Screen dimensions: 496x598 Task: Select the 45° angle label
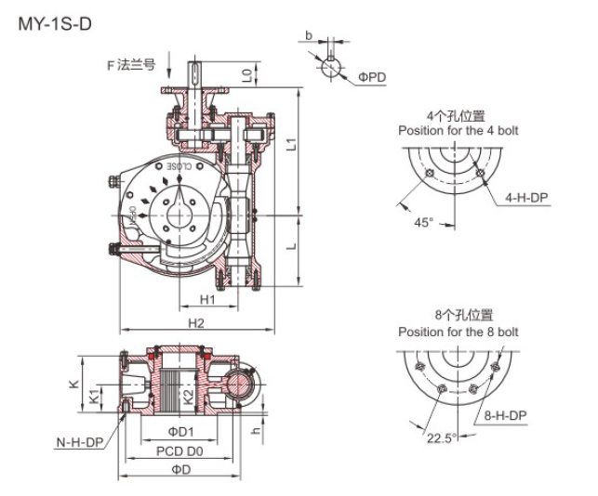tap(424, 223)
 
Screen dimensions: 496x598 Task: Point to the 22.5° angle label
tap(441, 437)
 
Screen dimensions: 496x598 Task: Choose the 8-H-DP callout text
tap(505, 415)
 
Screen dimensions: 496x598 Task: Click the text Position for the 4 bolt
tap(458, 130)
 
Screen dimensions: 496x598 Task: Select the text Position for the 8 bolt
tap(458, 332)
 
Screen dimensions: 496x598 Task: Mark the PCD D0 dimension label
tap(179, 450)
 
